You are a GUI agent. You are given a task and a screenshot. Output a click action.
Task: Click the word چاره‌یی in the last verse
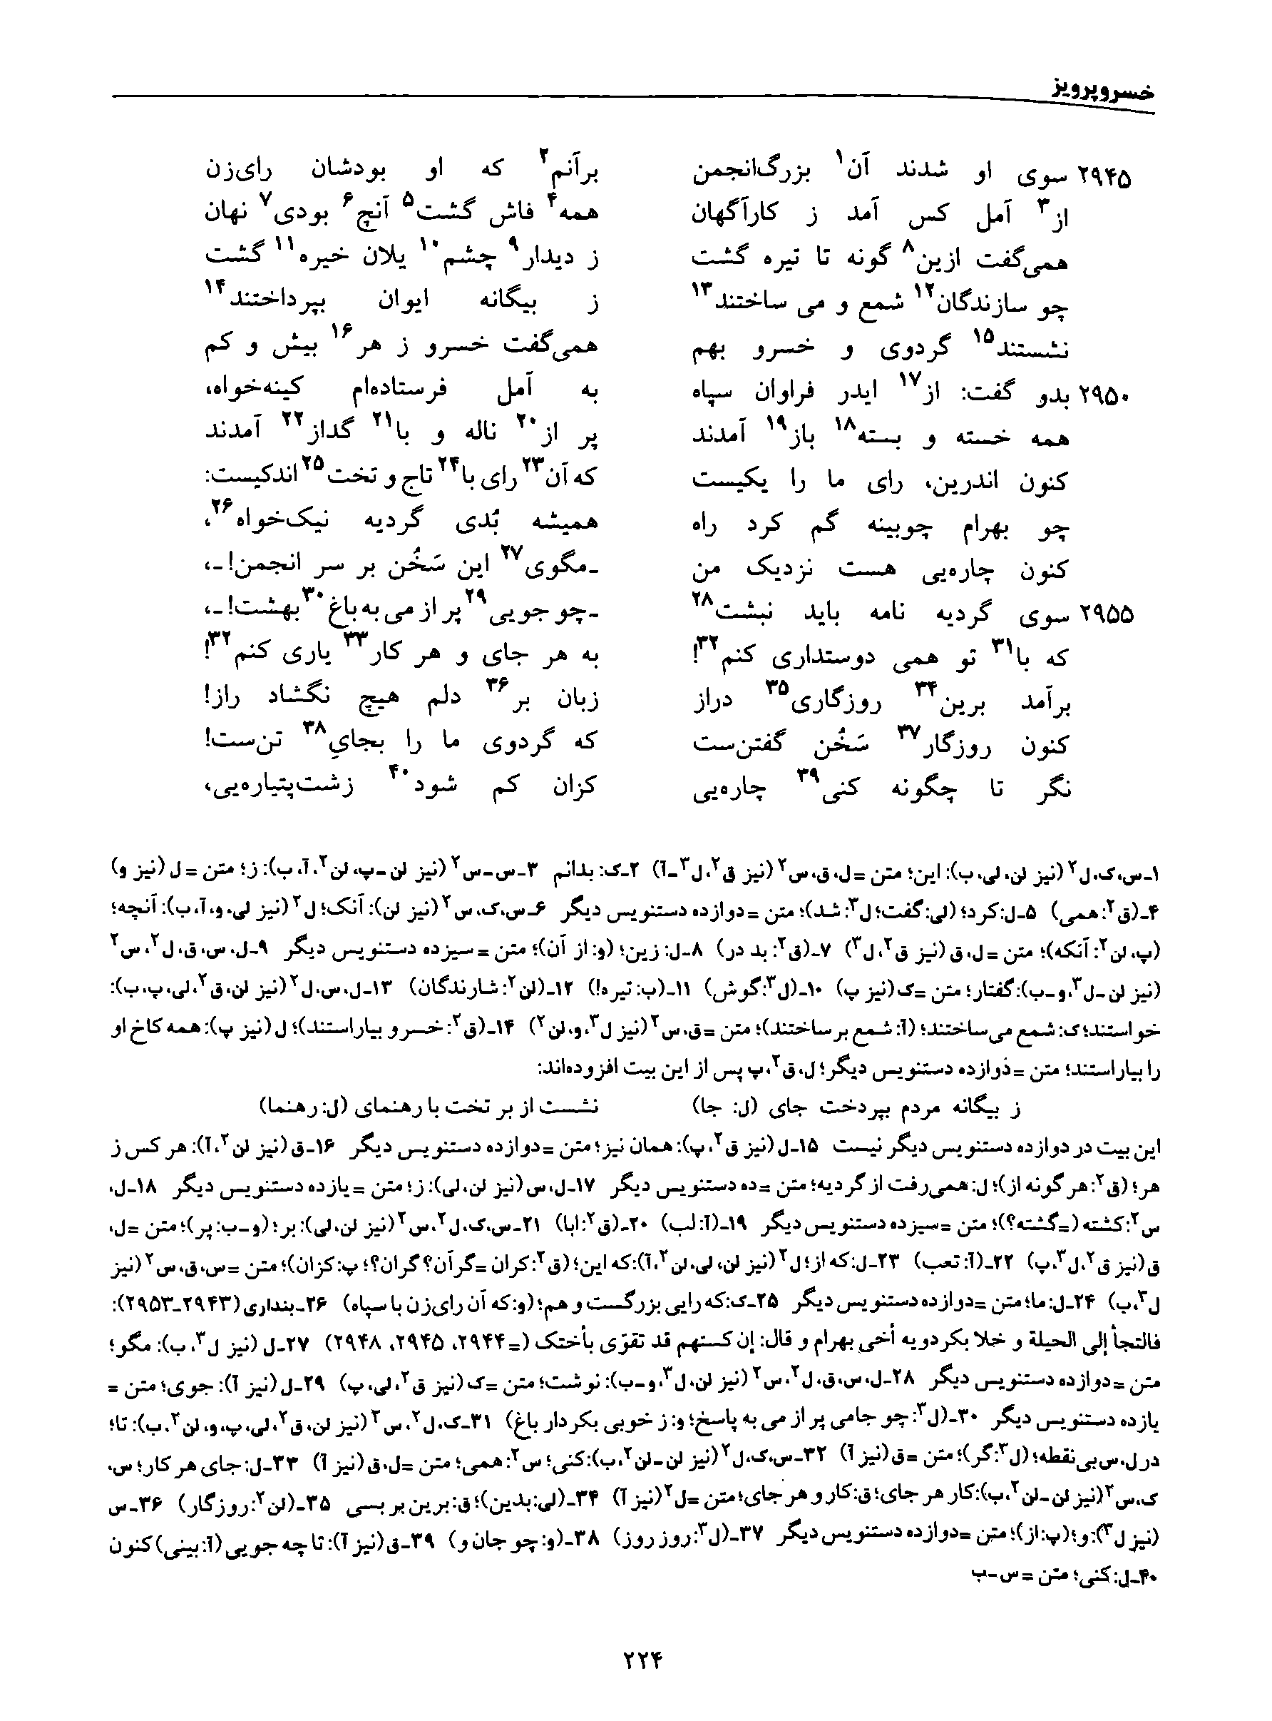(x=724, y=791)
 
